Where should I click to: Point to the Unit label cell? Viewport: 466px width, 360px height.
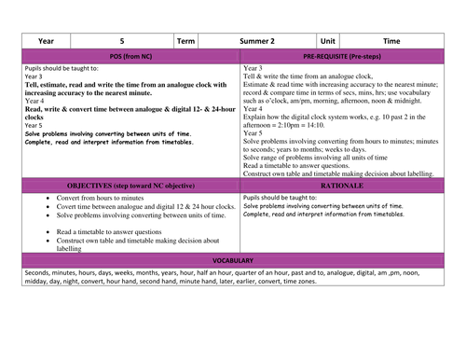327,42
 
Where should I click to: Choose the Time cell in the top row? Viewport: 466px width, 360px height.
391,42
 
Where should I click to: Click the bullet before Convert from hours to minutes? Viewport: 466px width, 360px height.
46,199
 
